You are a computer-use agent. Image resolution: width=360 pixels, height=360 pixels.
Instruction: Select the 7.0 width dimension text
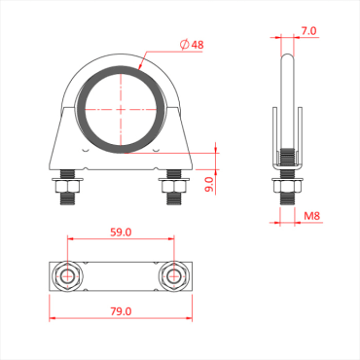[307, 31]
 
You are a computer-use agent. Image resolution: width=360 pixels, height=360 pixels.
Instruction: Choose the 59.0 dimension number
[120, 234]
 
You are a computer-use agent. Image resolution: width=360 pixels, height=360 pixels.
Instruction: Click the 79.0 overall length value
[120, 311]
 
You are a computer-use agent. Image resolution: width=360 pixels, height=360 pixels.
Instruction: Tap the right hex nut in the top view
[173, 276]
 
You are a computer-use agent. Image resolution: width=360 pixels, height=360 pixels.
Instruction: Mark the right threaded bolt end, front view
[173, 199]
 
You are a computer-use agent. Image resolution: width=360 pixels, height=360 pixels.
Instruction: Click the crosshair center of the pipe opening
[120, 109]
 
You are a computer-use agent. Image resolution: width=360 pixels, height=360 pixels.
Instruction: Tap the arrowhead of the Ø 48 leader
[142, 68]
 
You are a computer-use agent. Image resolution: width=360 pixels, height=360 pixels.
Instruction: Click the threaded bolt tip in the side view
[287, 199]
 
